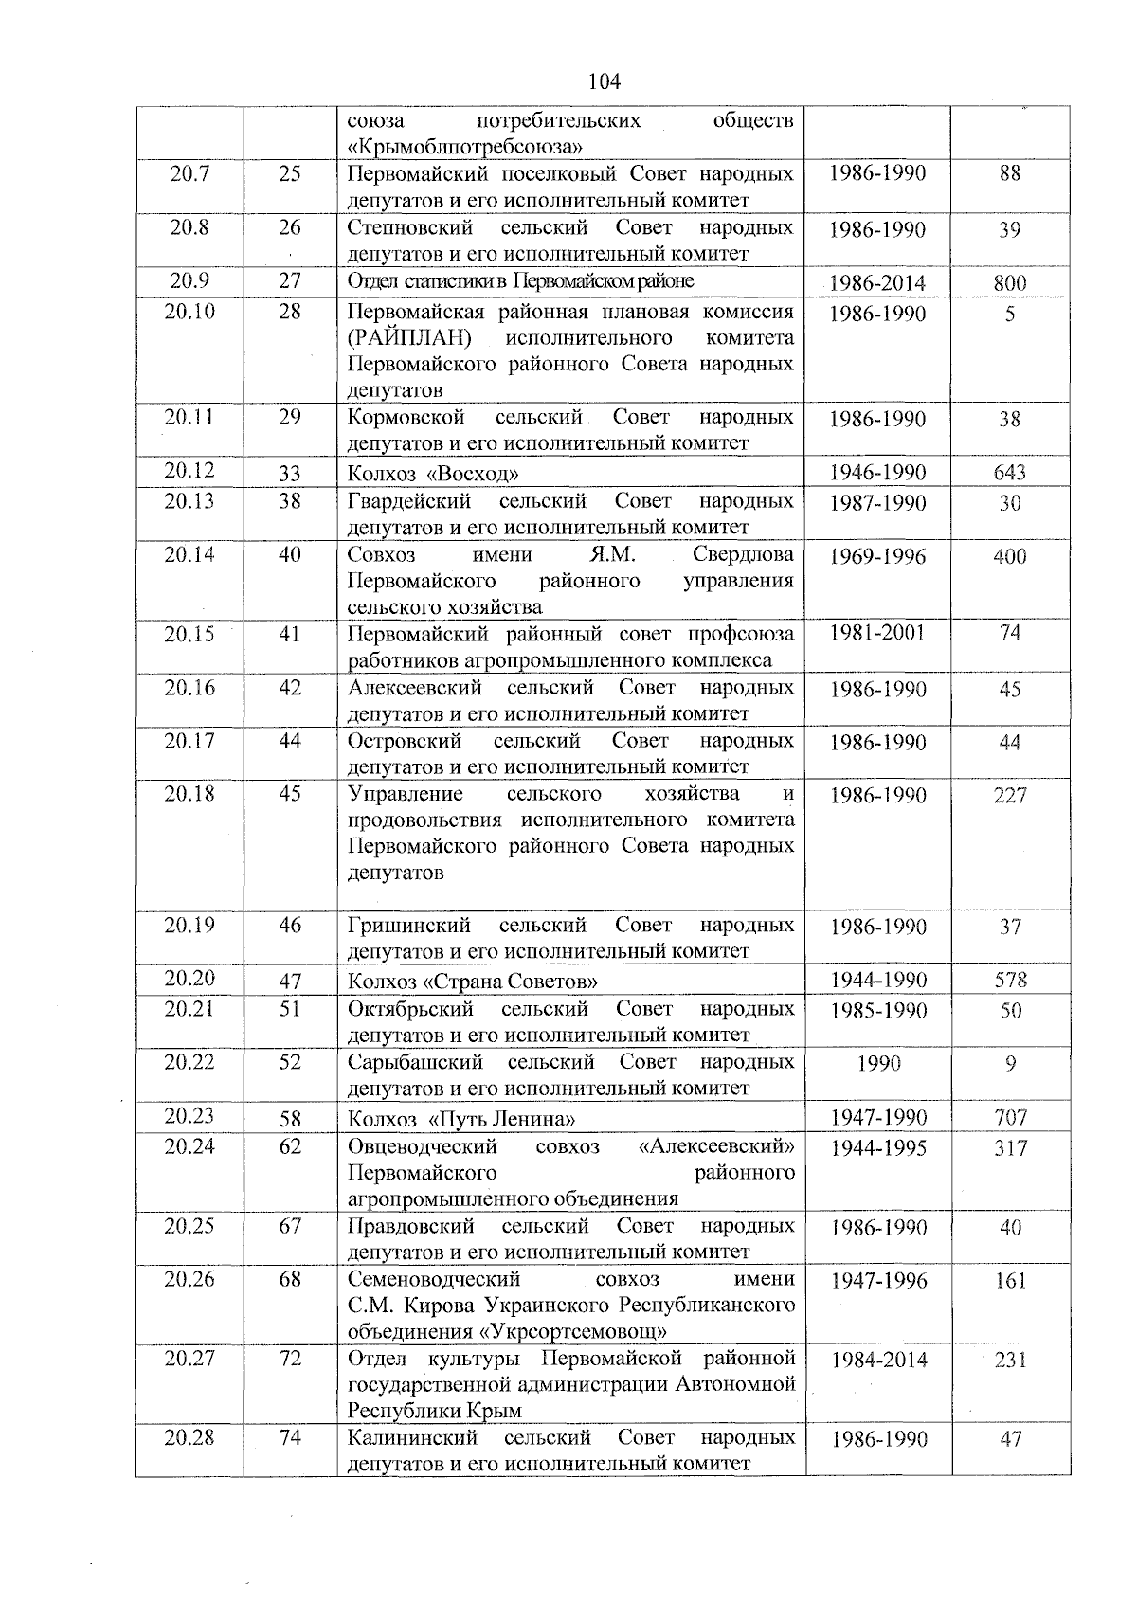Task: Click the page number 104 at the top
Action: click(604, 81)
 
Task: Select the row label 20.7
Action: click(189, 173)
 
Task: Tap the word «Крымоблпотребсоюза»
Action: click(464, 147)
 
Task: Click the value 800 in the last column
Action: click(1010, 282)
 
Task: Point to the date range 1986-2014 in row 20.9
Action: click(877, 282)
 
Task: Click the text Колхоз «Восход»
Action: click(434, 473)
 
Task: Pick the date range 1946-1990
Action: click(877, 472)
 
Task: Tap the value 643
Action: click(1010, 472)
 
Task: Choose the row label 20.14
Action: click(189, 554)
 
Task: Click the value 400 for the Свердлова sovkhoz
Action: click(1010, 556)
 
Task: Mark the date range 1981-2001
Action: click(877, 634)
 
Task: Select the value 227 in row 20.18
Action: click(1010, 796)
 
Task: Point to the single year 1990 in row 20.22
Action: click(877, 1064)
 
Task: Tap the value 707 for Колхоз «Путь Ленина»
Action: click(1010, 1118)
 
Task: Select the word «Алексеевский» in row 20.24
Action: click(717, 1146)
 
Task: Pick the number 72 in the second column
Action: click(290, 1358)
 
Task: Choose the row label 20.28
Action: click(189, 1437)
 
